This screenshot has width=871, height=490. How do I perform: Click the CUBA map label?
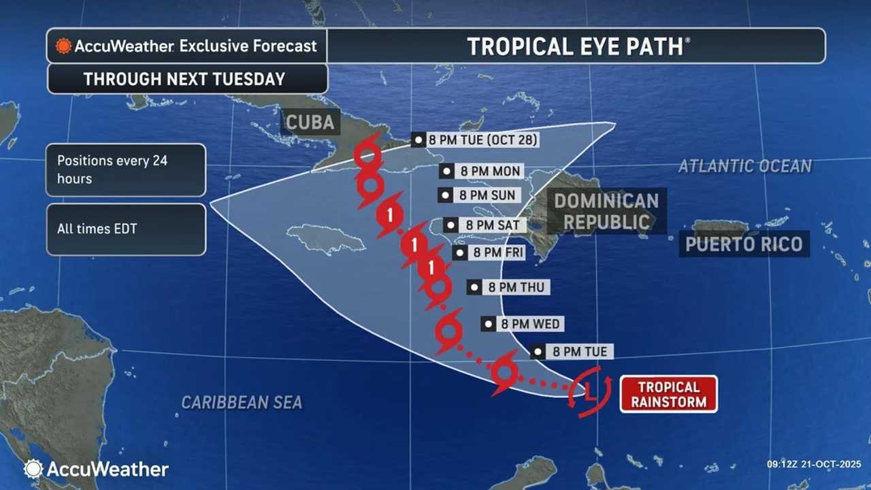tap(310, 122)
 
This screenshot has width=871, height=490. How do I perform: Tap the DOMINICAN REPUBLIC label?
tap(606, 211)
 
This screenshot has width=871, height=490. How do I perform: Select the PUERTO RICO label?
tap(744, 244)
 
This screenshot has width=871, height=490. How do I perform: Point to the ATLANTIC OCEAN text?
tap(744, 166)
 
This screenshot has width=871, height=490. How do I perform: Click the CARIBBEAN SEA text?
tap(242, 402)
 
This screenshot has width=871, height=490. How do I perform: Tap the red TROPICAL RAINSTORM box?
tap(668, 394)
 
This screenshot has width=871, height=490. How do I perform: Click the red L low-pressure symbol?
tap(590, 391)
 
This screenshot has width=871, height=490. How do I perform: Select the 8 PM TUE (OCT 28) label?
tap(476, 140)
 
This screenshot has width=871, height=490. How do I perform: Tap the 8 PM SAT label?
tap(484, 225)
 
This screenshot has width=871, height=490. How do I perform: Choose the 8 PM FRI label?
tap(489, 253)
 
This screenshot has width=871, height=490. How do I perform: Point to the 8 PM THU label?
tap(508, 287)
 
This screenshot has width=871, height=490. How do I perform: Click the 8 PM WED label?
tap(523, 324)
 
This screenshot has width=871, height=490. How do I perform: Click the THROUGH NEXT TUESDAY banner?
tap(185, 79)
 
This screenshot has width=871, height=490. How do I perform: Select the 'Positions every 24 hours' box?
tap(126, 170)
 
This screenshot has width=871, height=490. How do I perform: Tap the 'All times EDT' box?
tap(126, 229)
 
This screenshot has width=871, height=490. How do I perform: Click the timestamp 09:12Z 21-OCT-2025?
tap(813, 464)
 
